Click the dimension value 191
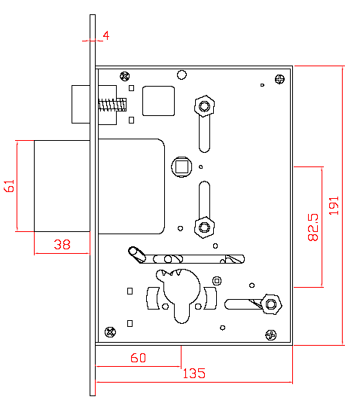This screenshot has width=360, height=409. pos(334,206)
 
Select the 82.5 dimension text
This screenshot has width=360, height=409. pos(313,227)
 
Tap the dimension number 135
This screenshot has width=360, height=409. pos(194,374)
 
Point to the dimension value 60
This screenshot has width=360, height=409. pos(139,358)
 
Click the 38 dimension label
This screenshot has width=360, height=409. pos(62,245)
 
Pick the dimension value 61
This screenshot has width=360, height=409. pos(9,186)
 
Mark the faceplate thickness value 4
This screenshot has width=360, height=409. pos(106,35)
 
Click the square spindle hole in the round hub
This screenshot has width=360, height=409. pos(182,166)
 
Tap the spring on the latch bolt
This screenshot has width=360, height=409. pos(112,105)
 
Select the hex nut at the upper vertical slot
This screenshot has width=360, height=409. pos(204,106)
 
